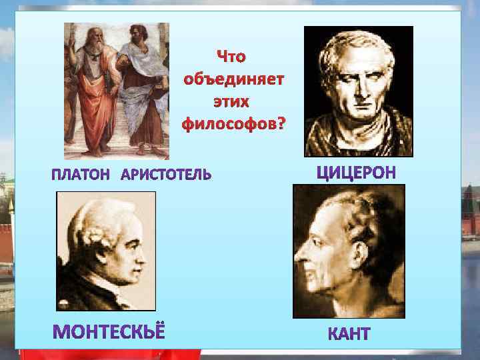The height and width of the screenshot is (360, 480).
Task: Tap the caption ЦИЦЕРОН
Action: tap(356, 173)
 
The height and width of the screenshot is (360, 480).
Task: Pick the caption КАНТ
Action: tap(349, 334)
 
